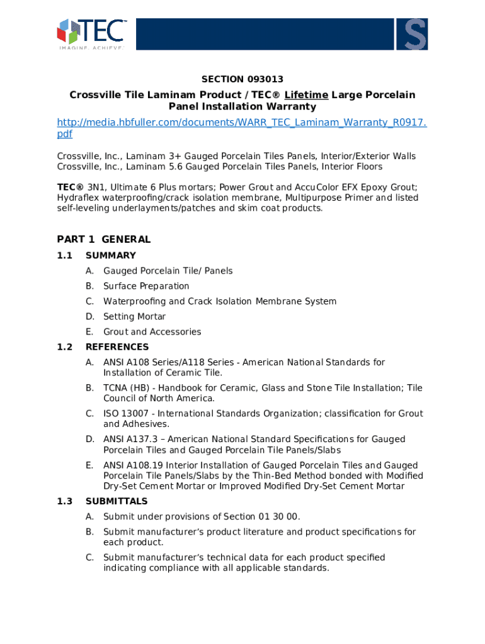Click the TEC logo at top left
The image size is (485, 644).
(91, 33)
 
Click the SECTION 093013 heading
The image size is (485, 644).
(242, 79)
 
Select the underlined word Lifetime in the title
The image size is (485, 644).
(306, 95)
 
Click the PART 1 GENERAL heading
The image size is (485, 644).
(104, 239)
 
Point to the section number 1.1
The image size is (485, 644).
(65, 255)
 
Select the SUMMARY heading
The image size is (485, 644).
(111, 255)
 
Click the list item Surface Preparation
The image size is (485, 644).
(146, 286)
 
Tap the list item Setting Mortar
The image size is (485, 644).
(134, 316)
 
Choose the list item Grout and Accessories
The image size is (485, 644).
(152, 331)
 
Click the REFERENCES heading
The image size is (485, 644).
(117, 347)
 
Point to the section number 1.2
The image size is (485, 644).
(65, 347)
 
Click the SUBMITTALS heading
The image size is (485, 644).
(117, 501)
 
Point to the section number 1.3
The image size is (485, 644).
(65, 501)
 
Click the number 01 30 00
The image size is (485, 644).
(278, 517)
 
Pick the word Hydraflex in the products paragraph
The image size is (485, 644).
(77, 197)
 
